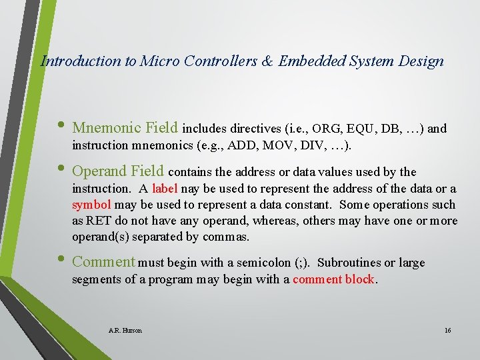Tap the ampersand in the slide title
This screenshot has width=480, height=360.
(x=267, y=61)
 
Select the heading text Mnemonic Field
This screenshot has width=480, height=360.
(x=125, y=127)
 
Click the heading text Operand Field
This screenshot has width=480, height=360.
(x=118, y=171)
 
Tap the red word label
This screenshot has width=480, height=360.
(x=165, y=189)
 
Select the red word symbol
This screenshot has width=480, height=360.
(x=91, y=205)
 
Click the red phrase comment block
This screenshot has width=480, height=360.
(x=334, y=279)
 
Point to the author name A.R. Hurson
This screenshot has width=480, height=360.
(x=125, y=330)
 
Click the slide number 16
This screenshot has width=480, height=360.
(x=447, y=330)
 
